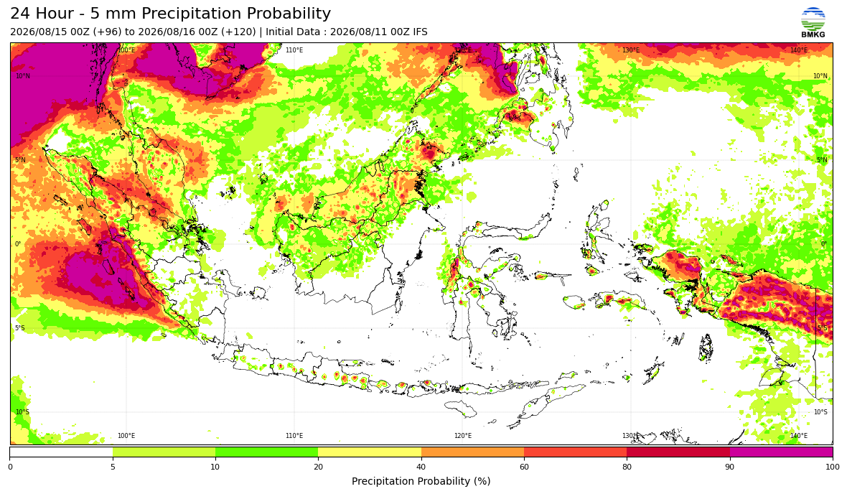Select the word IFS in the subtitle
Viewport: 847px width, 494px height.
point(420,32)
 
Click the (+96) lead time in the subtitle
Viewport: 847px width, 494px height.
point(108,32)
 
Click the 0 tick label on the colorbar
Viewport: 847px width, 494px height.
point(10,467)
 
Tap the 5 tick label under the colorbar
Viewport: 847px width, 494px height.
point(113,467)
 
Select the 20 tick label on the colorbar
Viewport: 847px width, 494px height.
point(318,467)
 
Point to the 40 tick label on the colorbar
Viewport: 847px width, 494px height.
point(421,467)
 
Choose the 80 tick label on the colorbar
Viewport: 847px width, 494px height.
point(627,467)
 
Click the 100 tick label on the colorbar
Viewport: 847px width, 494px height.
point(833,467)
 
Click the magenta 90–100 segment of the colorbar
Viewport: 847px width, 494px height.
point(781,452)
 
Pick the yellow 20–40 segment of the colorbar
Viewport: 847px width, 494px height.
point(370,452)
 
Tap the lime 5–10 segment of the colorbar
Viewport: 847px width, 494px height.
point(164,452)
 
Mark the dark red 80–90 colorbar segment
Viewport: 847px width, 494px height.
point(678,452)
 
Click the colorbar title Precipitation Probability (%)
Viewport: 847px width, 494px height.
point(421,481)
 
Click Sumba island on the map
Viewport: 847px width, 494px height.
point(461,408)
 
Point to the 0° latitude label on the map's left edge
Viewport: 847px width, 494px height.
point(18,244)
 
